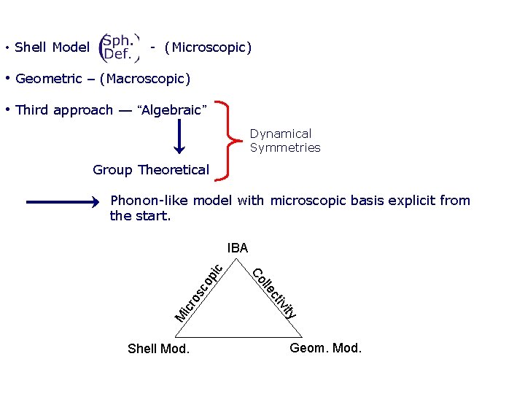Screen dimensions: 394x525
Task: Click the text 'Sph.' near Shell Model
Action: pyautogui.click(x=117, y=40)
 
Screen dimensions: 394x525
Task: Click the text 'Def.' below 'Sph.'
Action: pyautogui.click(x=117, y=54)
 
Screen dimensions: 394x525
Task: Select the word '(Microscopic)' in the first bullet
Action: pyautogui.click(x=208, y=47)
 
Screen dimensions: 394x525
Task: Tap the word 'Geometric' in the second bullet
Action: pyautogui.click(x=48, y=78)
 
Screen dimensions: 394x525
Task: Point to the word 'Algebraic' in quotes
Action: pyautogui.click(x=172, y=110)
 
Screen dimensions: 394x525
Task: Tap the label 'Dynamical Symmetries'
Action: pyautogui.click(x=285, y=140)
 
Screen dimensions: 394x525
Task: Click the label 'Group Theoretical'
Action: pyautogui.click(x=151, y=170)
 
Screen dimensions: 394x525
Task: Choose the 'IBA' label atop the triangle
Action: pyautogui.click(x=238, y=248)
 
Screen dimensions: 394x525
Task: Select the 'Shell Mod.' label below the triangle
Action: pyautogui.click(x=158, y=349)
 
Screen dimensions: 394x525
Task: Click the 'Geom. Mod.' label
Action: pyautogui.click(x=325, y=348)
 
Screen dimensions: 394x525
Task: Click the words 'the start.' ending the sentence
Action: pyautogui.click(x=140, y=215)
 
